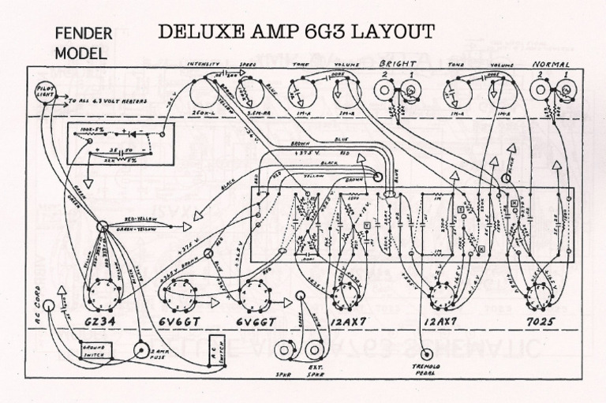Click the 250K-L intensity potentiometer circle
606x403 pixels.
pos(204,98)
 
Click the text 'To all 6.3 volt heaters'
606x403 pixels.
pos(102,102)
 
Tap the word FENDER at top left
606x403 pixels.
pos(87,35)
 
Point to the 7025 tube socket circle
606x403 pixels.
pos(542,295)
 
